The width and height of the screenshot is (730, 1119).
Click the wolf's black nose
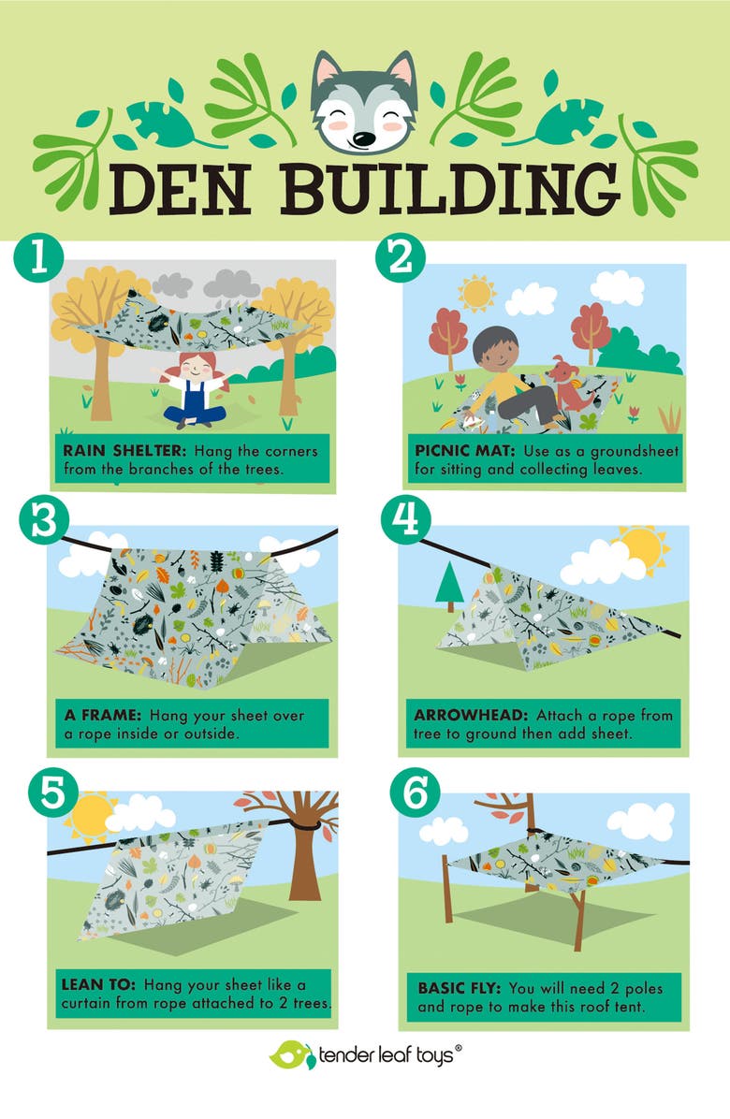click(x=365, y=138)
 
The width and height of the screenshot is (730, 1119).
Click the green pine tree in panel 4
click(x=450, y=584)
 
